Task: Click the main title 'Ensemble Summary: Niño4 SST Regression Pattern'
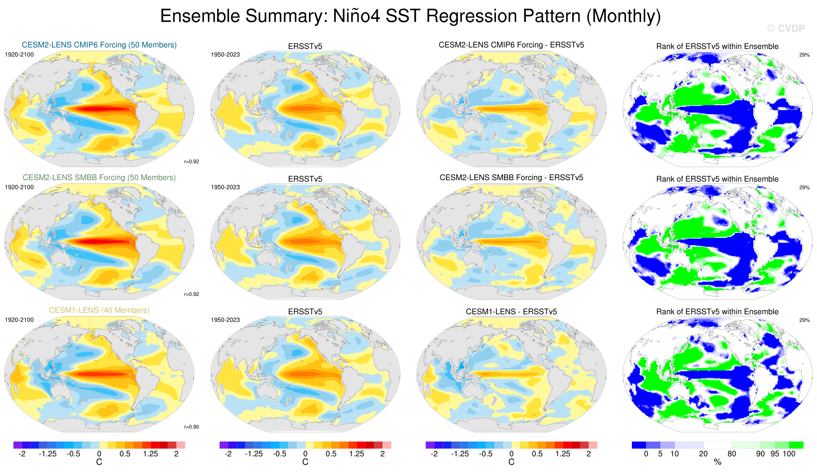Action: click(410, 16)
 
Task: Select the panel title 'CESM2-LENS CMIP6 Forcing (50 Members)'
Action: click(99, 45)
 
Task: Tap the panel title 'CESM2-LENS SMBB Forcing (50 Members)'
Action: click(99, 177)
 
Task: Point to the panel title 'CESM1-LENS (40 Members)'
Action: click(99, 310)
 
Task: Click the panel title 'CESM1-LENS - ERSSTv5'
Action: click(511, 311)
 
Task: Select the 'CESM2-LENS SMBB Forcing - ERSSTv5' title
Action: click(511, 177)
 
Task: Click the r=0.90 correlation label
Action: click(192, 427)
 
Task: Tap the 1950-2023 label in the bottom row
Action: click(225, 320)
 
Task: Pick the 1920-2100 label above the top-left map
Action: click(19, 54)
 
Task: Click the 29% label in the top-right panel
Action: click(804, 55)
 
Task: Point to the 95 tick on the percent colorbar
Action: click(775, 453)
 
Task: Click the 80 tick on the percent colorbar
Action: click(732, 453)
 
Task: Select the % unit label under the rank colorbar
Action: click(718, 462)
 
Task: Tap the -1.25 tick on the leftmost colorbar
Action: click(48, 453)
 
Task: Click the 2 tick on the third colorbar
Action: click(588, 453)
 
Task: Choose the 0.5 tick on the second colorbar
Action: click(331, 453)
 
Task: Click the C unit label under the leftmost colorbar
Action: click(99, 462)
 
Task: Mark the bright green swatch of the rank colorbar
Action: click(796, 445)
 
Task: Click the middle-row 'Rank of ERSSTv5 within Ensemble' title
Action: click(717, 179)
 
